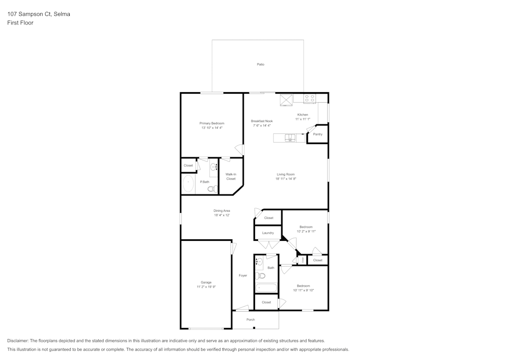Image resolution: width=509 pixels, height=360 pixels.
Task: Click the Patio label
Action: tap(260, 65)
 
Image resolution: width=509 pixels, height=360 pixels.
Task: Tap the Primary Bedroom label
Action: tap(212, 123)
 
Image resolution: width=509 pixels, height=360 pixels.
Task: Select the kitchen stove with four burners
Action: tap(309, 98)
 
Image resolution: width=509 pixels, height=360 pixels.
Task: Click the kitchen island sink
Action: tap(290, 137)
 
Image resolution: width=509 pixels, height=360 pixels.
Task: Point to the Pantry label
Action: tap(318, 134)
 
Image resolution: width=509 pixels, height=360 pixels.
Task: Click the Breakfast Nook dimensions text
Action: tap(262, 126)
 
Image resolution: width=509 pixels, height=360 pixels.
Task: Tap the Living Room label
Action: tap(286, 174)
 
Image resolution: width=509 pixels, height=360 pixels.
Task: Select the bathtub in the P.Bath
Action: tap(188, 184)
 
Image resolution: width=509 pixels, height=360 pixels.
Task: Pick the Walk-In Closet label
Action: tap(231, 176)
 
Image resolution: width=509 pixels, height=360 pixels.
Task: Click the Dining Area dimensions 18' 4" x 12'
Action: tap(221, 215)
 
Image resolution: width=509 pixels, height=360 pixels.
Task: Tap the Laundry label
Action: tap(268, 233)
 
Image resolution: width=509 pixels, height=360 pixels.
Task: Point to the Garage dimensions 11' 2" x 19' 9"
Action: tap(206, 287)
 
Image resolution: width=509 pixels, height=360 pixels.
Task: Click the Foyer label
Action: tap(243, 275)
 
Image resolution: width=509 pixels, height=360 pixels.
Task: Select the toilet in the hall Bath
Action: tap(261, 276)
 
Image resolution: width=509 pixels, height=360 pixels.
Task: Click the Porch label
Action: tap(250, 320)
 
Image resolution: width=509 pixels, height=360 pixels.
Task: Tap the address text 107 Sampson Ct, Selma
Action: tap(39, 14)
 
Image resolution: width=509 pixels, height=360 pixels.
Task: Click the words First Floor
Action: tap(20, 23)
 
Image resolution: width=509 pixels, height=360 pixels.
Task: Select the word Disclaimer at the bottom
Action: tap(18, 341)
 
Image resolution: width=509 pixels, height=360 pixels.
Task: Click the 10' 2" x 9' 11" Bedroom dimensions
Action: tap(306, 231)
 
